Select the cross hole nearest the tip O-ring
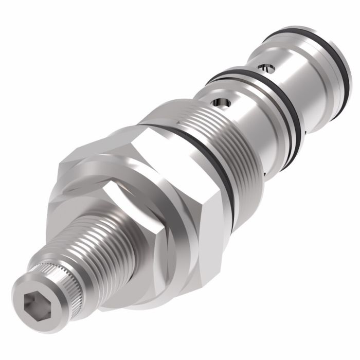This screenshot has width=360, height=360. coord(264,67)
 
